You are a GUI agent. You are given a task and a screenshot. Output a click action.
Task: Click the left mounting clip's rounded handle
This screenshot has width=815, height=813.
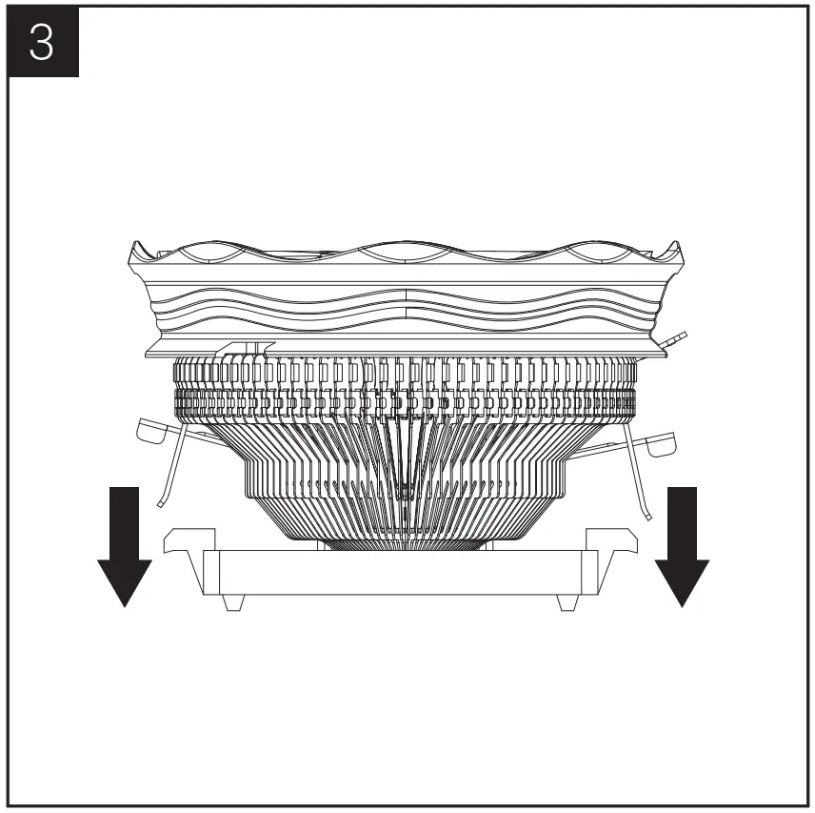tap(152, 431)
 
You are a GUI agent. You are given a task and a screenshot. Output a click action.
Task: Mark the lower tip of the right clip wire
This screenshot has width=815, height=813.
tap(648, 518)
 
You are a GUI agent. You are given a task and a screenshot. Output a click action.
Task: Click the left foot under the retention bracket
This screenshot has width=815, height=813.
tap(234, 603)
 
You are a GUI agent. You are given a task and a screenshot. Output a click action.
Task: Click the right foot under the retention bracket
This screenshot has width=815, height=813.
tap(564, 603)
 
